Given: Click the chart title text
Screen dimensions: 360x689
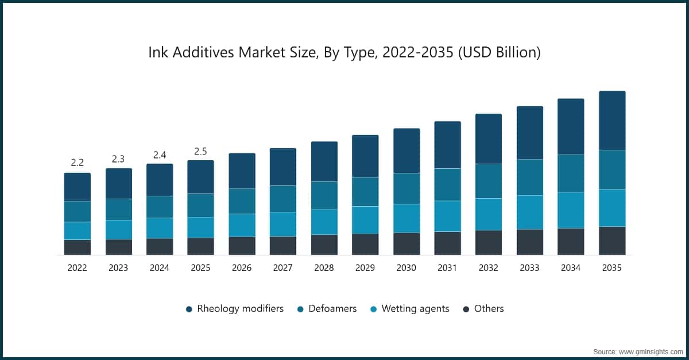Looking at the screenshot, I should tap(344, 53).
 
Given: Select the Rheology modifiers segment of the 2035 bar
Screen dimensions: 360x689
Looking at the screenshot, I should tap(612, 121).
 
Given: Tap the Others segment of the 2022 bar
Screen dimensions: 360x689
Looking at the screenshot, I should tap(78, 247).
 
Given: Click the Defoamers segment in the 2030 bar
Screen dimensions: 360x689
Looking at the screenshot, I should tap(407, 188).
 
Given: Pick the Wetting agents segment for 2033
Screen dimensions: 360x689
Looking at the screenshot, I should tap(530, 212).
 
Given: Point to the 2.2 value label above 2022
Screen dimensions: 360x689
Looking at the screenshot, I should tap(78, 163).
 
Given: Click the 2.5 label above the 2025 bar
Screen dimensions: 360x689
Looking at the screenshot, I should tap(201, 152).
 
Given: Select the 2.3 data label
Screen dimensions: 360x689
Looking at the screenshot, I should tap(119, 159).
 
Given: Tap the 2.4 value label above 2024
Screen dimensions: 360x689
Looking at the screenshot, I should tap(160, 155).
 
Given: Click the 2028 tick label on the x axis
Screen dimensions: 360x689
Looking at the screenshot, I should tap(324, 268).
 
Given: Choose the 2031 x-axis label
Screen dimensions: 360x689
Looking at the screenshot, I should tap(447, 268).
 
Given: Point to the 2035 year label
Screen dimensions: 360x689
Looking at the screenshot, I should tap(612, 268).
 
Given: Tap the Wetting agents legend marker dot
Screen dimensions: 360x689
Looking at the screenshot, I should tap(374, 309).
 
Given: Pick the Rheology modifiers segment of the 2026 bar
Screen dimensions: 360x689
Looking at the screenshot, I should tap(242, 171).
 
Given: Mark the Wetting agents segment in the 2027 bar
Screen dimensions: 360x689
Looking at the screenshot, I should tap(283, 224).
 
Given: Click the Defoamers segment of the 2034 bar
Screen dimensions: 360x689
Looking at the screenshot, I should tap(571, 173).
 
